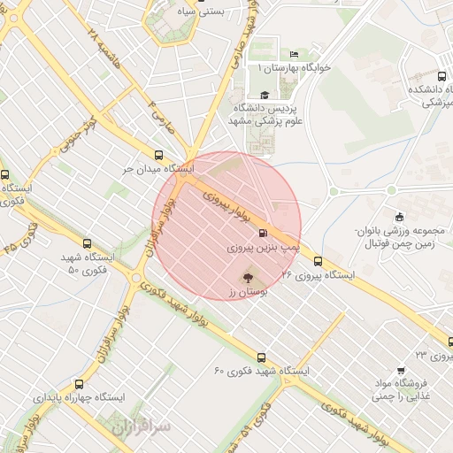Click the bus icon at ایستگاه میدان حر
point(158,153)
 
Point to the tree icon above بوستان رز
point(247,276)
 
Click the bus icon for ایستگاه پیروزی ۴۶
point(318,260)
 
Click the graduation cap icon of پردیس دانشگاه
point(265,95)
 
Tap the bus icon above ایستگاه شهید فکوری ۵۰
point(86,242)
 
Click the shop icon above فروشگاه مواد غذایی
point(401,370)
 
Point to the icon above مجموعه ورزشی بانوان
point(399,217)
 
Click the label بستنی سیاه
point(219,12)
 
